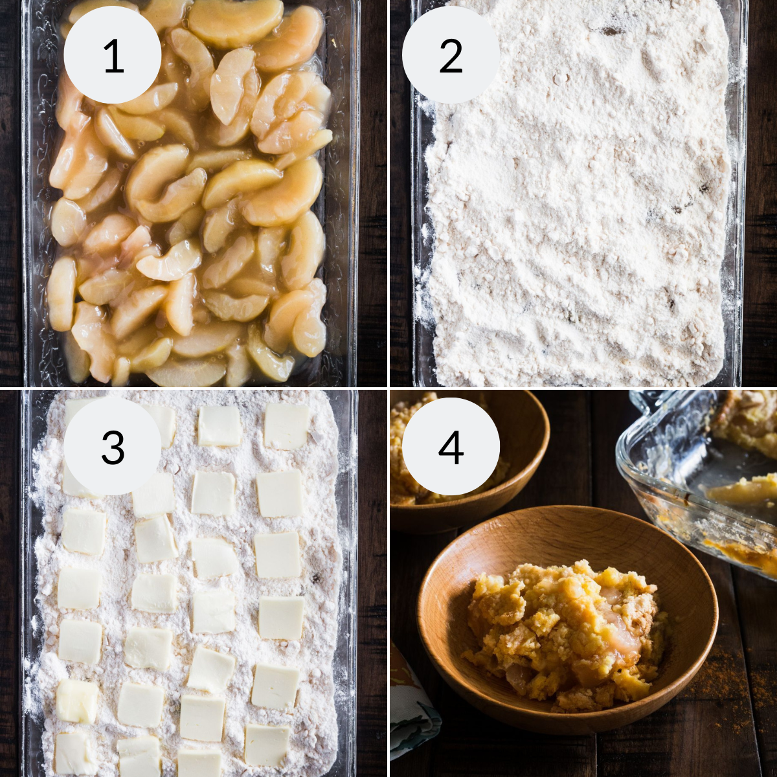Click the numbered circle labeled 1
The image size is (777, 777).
tap(113, 55)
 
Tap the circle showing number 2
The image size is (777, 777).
tap(451, 55)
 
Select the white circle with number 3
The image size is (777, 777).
tap(113, 446)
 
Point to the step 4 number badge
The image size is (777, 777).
tap(451, 446)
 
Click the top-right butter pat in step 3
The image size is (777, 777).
tap(286, 426)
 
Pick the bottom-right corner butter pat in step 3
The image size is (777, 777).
tap(267, 745)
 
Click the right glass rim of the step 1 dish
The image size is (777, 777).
tap(346, 194)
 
